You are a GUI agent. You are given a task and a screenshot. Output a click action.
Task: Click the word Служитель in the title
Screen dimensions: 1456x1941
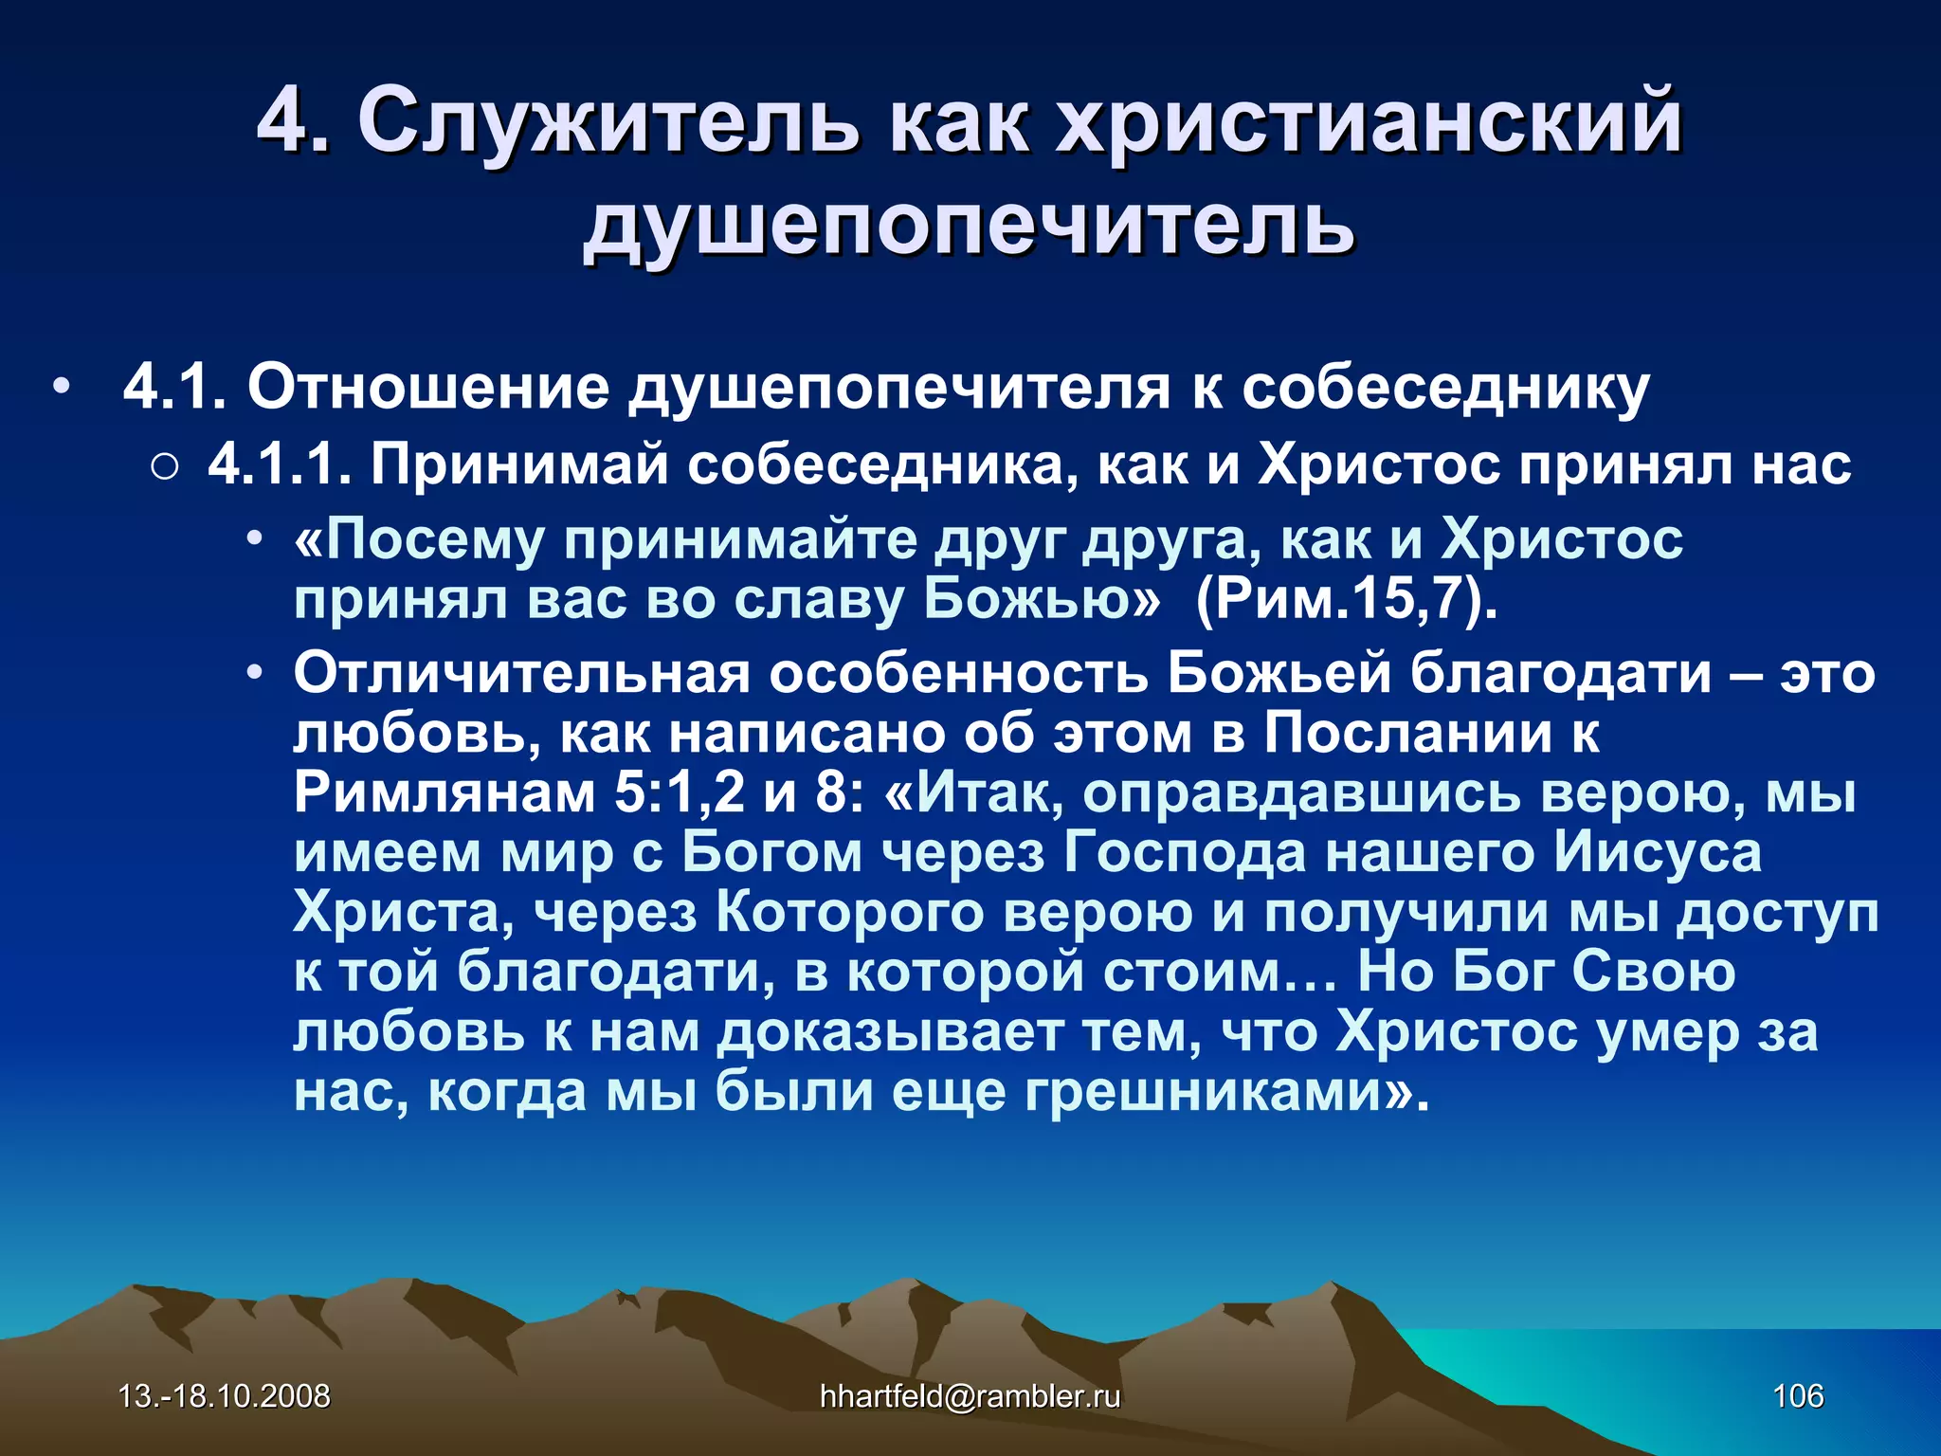(x=607, y=120)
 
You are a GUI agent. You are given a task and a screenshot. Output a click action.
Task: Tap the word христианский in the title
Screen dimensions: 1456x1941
(x=1370, y=120)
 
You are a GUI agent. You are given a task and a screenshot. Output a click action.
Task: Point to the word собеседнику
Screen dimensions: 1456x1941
(x=1446, y=388)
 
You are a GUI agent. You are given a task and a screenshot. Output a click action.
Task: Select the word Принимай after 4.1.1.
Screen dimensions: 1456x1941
(x=519, y=465)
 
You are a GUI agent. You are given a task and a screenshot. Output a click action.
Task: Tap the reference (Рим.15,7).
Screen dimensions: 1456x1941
(x=1347, y=598)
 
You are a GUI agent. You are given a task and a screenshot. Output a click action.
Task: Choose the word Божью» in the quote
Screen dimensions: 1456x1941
(x=1042, y=598)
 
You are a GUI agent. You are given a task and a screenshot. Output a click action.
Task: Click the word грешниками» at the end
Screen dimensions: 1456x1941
(x=1226, y=1091)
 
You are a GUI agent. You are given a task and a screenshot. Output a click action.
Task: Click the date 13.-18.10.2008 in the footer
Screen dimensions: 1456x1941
(x=224, y=1396)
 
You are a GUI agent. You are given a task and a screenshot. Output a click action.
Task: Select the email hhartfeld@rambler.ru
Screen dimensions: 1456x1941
(x=970, y=1396)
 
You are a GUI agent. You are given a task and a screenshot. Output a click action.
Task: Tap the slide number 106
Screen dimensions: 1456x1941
(x=1798, y=1396)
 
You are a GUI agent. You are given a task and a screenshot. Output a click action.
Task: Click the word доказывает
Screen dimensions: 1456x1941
(x=890, y=1031)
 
